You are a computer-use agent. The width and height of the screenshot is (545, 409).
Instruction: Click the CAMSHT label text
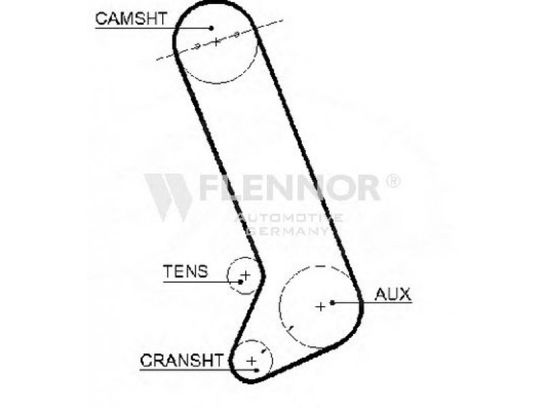tap(130, 18)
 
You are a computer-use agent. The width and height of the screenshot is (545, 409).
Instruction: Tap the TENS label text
tap(185, 271)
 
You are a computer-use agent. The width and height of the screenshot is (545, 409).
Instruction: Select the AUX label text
tap(393, 294)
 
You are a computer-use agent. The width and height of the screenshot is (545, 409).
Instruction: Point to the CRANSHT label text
tap(181, 360)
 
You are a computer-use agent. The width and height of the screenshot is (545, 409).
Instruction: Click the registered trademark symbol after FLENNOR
tap(393, 181)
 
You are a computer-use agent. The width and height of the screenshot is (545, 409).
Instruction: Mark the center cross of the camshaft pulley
tap(215, 42)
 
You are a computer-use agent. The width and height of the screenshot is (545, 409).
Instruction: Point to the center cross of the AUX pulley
tap(320, 307)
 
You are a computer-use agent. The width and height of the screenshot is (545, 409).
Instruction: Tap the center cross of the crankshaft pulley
tap(251, 359)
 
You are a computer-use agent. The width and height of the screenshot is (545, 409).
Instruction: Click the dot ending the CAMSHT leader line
tap(211, 27)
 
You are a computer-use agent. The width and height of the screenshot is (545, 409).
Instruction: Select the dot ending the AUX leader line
tap(332, 302)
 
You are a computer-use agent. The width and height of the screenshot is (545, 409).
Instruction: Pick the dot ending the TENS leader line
tap(240, 281)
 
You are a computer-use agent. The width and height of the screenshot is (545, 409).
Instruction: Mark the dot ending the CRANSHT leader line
tap(257, 369)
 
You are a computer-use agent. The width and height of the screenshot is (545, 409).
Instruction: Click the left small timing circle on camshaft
tap(196, 46)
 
